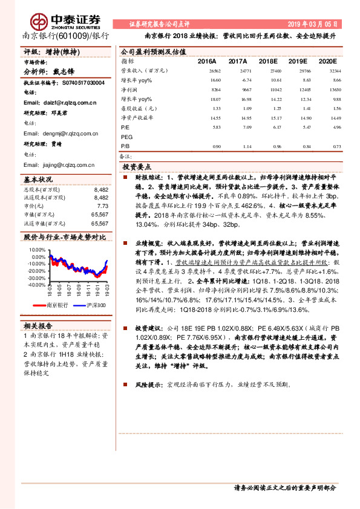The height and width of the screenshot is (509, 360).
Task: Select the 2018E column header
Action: click(x=267, y=61)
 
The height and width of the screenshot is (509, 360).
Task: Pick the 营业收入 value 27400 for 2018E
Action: click(x=267, y=71)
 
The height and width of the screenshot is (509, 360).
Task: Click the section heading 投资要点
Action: click(x=137, y=166)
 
